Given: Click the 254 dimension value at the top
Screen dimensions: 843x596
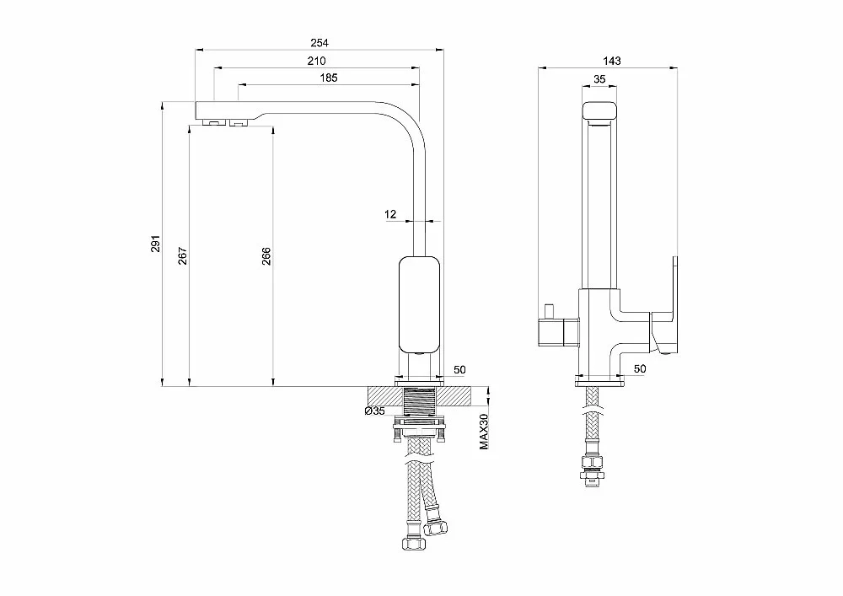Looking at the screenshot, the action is (319, 42).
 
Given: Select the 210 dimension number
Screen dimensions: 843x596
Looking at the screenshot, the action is (317, 61).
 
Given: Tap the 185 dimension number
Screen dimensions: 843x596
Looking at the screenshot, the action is (329, 78).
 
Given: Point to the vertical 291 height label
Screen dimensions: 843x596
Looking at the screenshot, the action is (155, 244).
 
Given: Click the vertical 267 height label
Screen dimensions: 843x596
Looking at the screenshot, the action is (183, 255).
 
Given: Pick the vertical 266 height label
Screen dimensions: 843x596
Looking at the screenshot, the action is (266, 256).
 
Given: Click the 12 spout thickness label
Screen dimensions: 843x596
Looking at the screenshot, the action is (390, 214).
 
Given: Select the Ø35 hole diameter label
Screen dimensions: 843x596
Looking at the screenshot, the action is (375, 411).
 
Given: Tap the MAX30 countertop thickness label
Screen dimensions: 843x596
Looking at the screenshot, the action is (485, 432).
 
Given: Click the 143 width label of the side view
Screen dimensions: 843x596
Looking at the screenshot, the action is (612, 61).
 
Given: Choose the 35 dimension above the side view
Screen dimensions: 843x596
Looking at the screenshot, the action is (599, 79).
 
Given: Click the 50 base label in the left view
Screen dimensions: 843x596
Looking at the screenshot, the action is (459, 370).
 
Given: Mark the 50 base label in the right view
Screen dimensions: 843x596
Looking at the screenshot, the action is (640, 368).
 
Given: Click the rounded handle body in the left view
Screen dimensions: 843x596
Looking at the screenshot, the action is (419, 304).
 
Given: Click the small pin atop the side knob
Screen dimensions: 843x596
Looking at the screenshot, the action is (550, 311).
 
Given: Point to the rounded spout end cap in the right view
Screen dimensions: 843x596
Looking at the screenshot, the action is (599, 112).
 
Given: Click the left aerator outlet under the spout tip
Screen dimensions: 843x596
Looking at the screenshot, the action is (213, 123).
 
